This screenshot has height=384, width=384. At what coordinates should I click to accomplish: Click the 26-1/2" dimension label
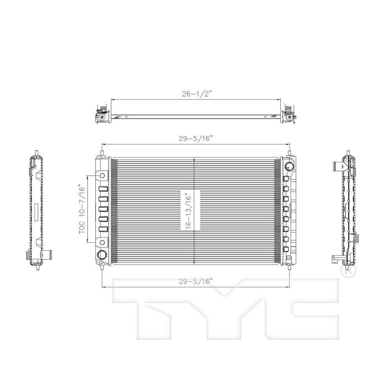196,94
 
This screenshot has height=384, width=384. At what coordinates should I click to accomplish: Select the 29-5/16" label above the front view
195,138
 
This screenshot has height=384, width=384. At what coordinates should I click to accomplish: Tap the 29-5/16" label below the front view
195,281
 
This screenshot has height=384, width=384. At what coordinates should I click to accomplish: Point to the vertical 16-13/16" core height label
190,210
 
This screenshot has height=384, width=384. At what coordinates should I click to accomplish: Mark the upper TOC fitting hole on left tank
103,175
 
